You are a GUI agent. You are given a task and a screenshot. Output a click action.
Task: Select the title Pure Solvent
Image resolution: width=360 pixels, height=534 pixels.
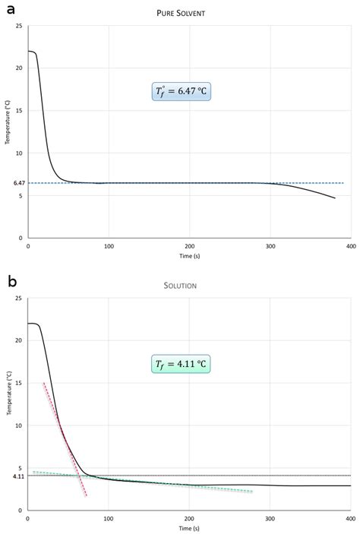[189, 14]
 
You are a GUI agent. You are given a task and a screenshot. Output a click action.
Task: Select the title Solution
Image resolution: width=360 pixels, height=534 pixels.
[189, 285]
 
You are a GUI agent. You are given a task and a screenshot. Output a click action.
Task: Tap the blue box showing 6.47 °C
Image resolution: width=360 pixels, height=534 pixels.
[182, 93]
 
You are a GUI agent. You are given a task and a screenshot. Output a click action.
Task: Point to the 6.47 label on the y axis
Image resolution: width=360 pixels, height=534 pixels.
[19, 183]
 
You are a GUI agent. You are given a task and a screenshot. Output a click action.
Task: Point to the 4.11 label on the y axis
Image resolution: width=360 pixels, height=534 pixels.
[19, 476]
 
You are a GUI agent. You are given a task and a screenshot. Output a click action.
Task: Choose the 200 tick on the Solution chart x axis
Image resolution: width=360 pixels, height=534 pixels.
[189, 518]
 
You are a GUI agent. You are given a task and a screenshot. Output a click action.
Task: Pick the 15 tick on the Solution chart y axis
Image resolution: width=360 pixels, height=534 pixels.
[21, 383]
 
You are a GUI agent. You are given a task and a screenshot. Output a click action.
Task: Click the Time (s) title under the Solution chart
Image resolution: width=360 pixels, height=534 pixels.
[189, 528]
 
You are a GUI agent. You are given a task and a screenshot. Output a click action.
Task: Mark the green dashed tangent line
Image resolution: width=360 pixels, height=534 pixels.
[152, 485]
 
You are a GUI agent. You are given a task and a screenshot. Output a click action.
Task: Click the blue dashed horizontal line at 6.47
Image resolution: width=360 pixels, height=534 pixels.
[152, 183]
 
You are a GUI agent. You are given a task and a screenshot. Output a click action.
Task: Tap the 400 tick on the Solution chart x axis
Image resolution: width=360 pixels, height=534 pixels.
[350, 518]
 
